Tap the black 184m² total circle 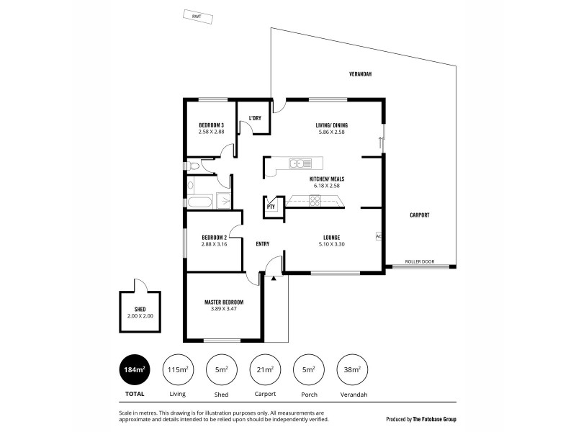(x=135, y=371)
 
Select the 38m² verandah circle (x=352, y=371)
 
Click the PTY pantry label (x=271, y=207)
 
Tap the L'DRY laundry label (x=255, y=118)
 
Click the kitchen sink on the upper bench (x=296, y=163)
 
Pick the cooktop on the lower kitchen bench (x=315, y=202)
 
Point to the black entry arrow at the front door (x=274, y=277)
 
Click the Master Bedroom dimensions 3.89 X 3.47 (x=223, y=309)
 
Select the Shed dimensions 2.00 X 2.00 (x=140, y=315)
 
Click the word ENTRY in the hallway (x=263, y=243)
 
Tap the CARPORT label (x=420, y=215)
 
